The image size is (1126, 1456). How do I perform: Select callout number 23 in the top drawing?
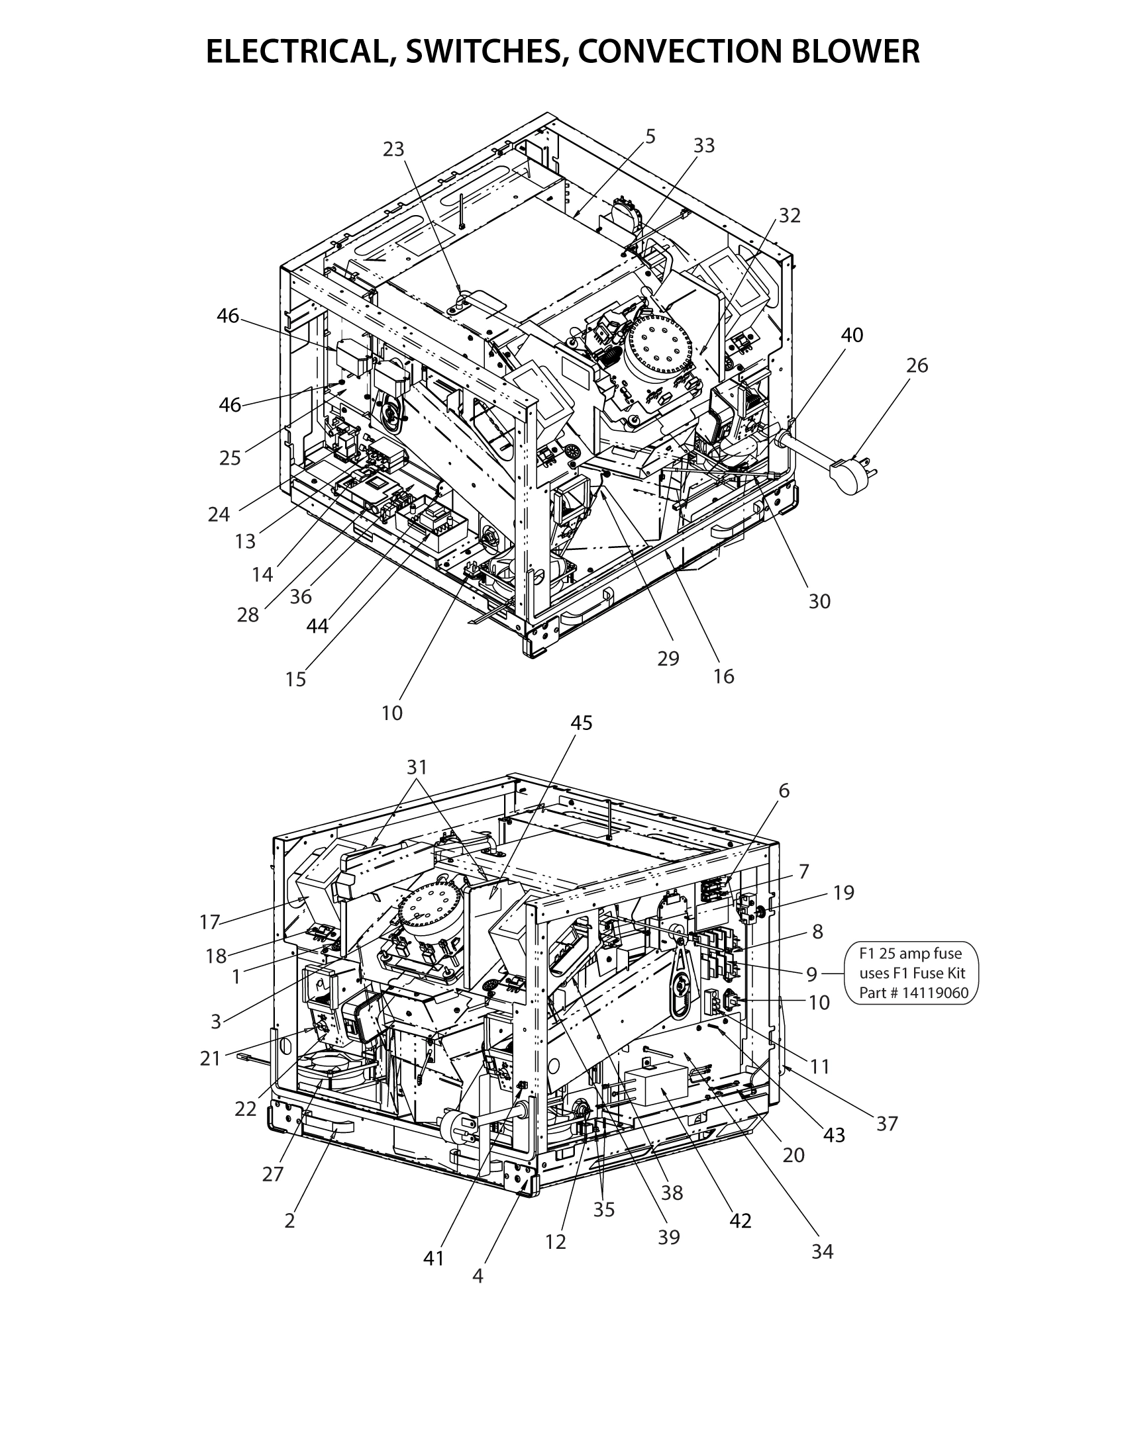(x=393, y=150)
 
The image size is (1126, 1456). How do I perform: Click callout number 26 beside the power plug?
(x=917, y=365)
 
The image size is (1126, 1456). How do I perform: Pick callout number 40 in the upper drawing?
(x=852, y=336)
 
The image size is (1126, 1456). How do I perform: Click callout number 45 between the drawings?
(x=582, y=723)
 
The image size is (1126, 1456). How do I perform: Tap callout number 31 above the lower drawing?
(x=417, y=767)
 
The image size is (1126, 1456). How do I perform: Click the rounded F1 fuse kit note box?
(x=912, y=973)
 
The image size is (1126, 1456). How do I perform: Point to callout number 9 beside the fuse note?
(x=812, y=974)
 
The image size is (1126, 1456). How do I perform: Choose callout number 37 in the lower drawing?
(x=887, y=1124)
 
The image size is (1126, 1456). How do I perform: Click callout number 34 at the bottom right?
(x=823, y=1252)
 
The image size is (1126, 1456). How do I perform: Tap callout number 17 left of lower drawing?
(x=209, y=922)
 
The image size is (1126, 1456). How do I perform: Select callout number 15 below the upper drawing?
(x=295, y=679)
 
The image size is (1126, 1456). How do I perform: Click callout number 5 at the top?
(x=650, y=136)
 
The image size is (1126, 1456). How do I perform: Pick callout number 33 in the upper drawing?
(x=703, y=146)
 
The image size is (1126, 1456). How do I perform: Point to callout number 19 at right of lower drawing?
(x=844, y=893)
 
